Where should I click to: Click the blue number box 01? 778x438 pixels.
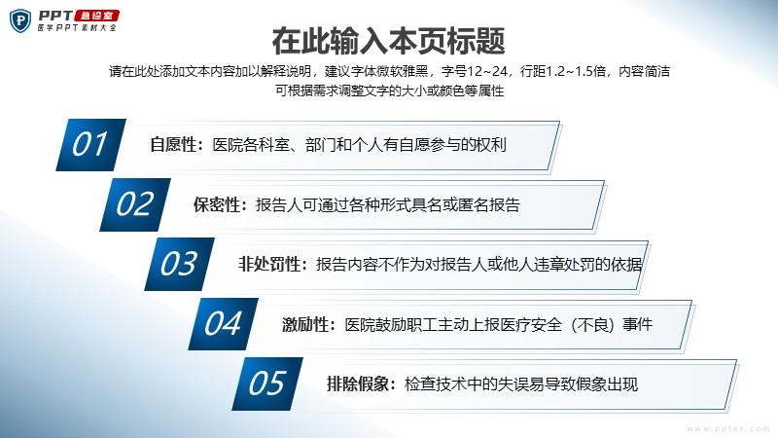coord(90,145)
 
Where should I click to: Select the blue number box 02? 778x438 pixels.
coord(135,204)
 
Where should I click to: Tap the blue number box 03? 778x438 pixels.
coord(179,264)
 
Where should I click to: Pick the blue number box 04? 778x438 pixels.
coord(224,324)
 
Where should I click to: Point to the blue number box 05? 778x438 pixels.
coord(267,383)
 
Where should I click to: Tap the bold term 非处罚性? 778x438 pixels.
coord(269,264)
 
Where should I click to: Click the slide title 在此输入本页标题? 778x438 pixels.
coord(388,41)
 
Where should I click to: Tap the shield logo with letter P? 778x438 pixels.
coord(20,20)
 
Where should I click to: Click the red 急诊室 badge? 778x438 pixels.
coord(96,16)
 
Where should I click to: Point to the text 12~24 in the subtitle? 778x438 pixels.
coord(487,71)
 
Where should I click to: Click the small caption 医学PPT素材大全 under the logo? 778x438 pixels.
coord(77,28)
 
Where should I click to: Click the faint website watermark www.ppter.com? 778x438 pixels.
coord(727,428)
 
